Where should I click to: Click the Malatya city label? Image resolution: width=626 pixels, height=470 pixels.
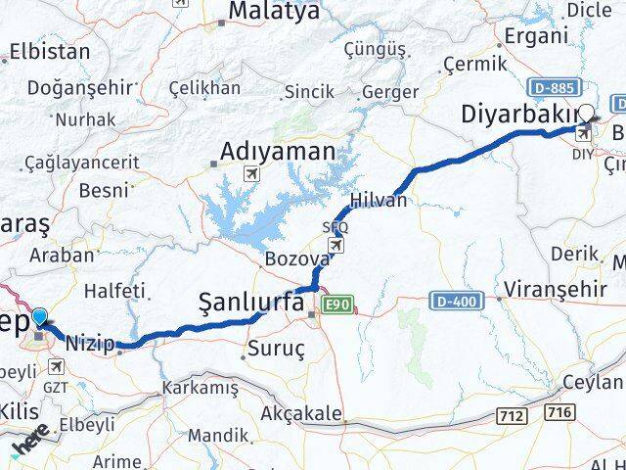pos(259,12)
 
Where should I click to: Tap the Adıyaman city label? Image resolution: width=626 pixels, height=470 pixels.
pos(277,153)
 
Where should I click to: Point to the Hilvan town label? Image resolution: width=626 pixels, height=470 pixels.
pos(383,199)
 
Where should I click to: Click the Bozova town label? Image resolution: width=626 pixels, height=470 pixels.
pos(296,259)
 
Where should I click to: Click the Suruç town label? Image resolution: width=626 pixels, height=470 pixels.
pos(278,348)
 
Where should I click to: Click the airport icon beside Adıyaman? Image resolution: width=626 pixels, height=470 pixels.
pos(251,173)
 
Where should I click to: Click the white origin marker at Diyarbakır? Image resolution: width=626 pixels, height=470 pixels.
pos(586,113)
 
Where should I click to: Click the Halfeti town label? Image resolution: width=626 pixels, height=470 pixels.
pos(115,291)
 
